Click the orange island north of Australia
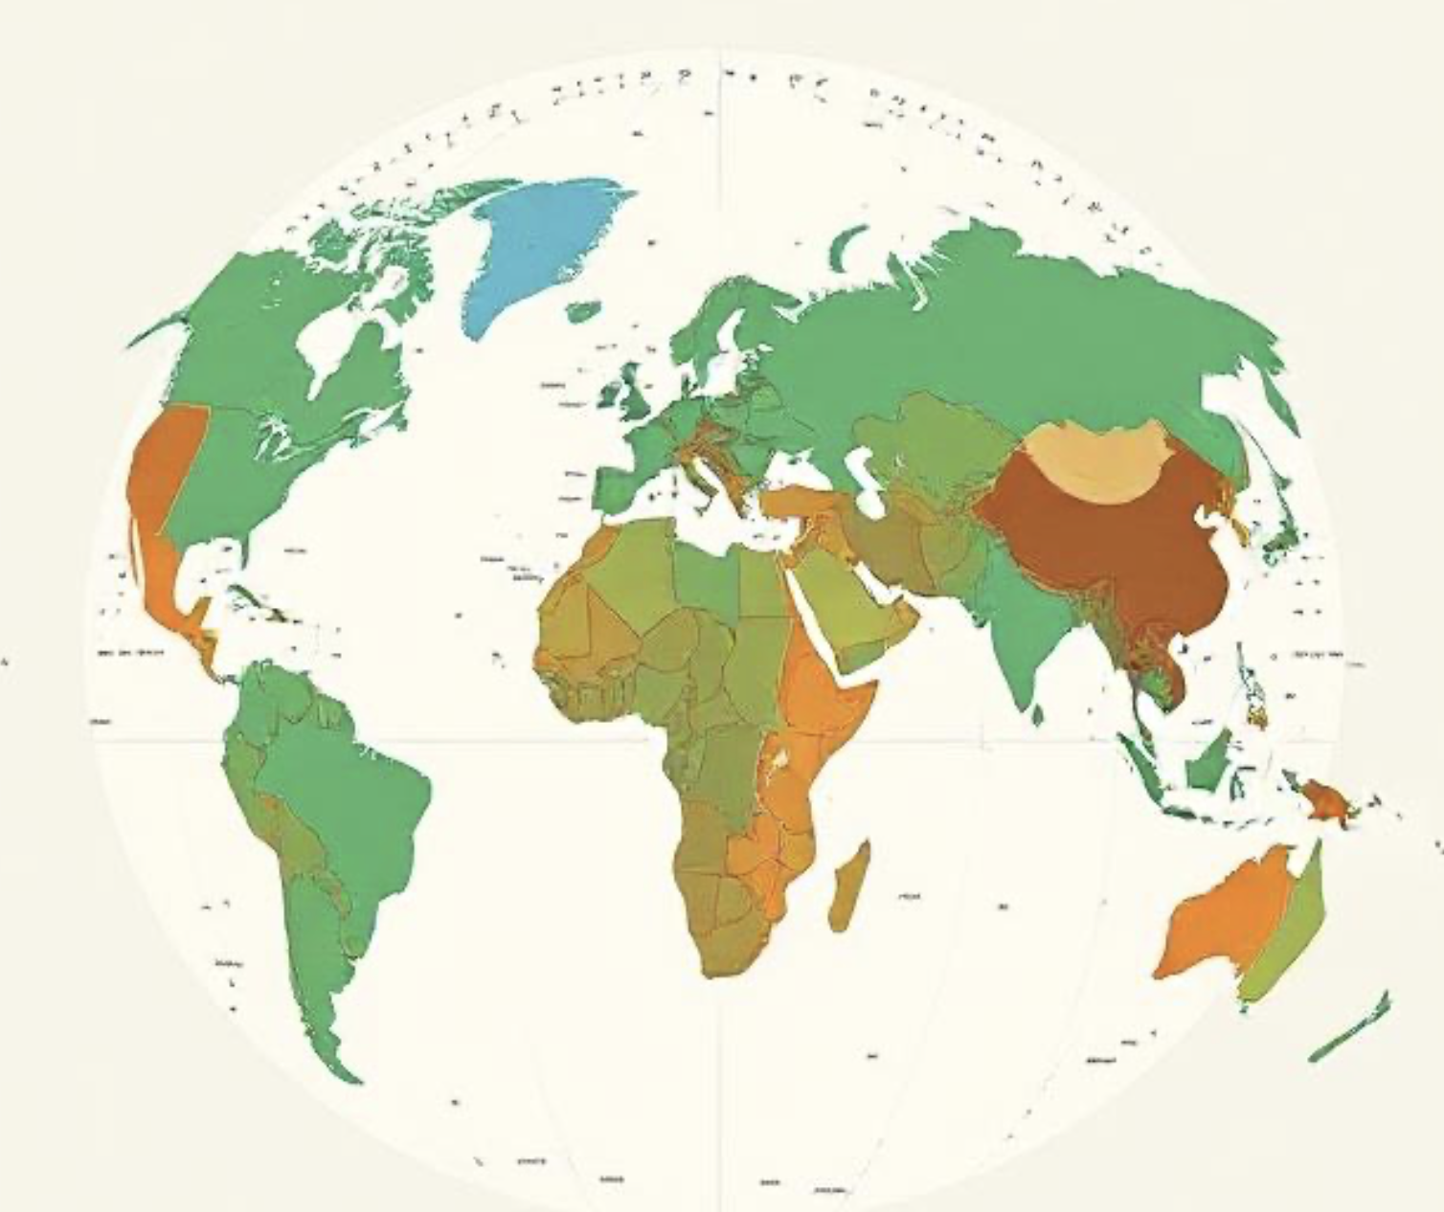coord(1326,799)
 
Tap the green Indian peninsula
coord(1020,632)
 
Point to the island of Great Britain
coord(632,393)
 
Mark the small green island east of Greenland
coord(583,311)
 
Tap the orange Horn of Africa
coord(824,689)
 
